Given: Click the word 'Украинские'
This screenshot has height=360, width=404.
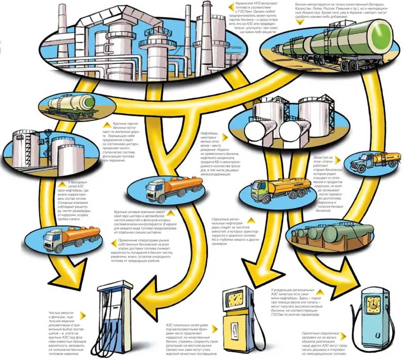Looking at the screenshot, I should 246,4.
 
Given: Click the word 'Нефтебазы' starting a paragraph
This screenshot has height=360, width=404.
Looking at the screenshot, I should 209,133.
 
